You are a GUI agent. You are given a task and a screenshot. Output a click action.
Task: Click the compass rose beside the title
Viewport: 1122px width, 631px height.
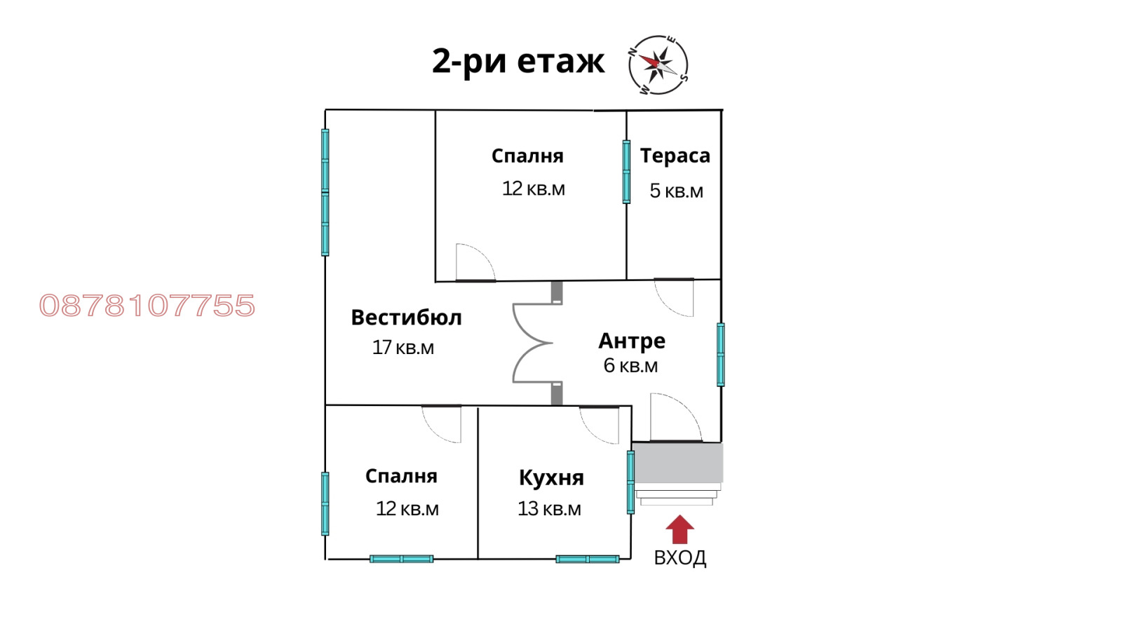point(658,65)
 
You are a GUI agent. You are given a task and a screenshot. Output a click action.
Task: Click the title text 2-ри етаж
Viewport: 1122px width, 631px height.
point(518,61)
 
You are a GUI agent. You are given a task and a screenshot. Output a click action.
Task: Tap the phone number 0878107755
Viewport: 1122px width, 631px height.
point(147,306)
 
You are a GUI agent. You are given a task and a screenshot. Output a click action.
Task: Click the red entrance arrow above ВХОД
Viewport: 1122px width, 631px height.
point(680,529)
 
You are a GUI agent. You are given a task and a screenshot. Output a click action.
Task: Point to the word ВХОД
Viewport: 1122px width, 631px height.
point(680,558)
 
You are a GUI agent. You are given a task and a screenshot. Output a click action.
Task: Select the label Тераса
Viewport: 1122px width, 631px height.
point(675,156)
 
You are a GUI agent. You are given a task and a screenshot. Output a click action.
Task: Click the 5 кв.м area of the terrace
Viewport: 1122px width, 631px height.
point(676,191)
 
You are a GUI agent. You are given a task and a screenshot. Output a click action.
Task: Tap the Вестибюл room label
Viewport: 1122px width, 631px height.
point(406,318)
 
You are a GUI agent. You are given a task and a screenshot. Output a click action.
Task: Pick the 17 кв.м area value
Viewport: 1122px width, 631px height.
point(403,348)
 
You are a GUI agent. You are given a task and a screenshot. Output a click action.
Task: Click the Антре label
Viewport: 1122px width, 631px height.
point(631,341)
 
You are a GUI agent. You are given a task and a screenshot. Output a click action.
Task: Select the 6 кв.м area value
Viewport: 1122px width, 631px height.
point(630,365)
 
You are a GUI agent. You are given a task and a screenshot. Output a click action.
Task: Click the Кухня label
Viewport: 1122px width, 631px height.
point(551,477)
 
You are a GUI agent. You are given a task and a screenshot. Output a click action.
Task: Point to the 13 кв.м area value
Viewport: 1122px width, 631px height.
point(549,509)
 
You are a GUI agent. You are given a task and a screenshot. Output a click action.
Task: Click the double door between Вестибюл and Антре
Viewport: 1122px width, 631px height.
point(533,344)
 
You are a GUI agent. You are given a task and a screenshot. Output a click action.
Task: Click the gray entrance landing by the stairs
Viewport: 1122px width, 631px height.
point(677,462)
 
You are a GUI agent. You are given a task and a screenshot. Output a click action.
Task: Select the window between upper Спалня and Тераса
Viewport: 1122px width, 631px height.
point(626,172)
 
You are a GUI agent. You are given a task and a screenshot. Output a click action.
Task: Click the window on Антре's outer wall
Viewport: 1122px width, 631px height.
point(720,354)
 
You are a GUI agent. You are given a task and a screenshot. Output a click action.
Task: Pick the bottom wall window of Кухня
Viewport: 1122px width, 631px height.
point(587,559)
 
